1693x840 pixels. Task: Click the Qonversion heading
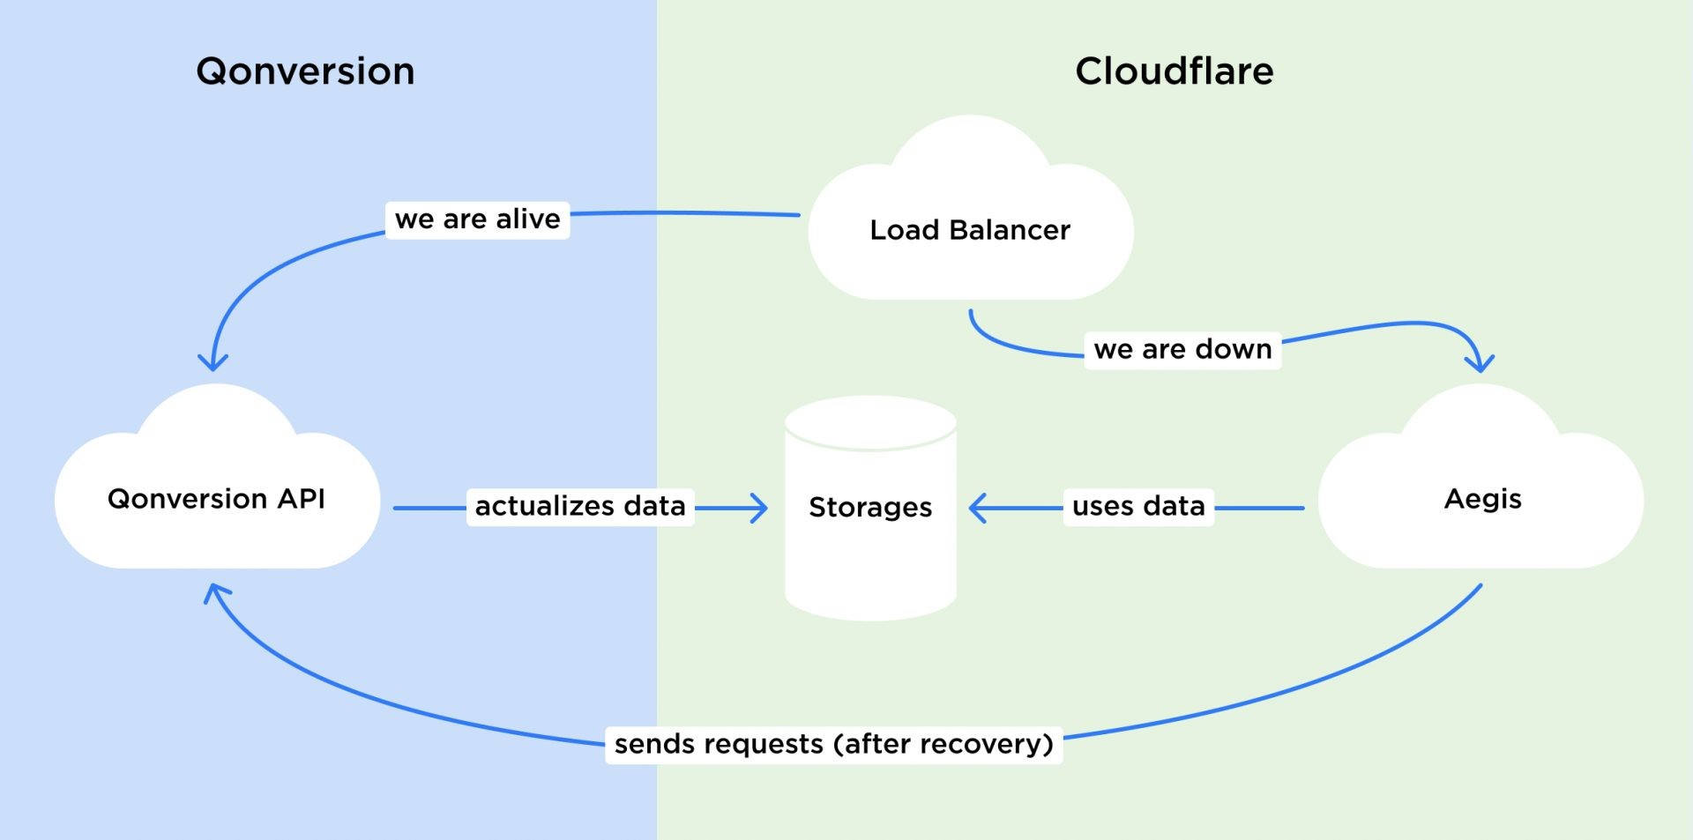[x=305, y=71]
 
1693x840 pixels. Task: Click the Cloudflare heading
[x=1174, y=71]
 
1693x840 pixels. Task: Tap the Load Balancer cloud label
[x=969, y=230]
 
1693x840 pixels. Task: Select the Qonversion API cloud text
[x=216, y=499]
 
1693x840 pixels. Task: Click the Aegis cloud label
[x=1482, y=499]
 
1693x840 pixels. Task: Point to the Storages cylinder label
[x=870, y=507]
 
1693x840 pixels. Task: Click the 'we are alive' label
[x=477, y=219]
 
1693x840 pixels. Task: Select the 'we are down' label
[x=1182, y=350]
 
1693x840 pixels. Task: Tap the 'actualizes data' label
[x=580, y=507]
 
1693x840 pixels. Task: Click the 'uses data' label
[x=1138, y=507]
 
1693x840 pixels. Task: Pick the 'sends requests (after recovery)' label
[x=833, y=745]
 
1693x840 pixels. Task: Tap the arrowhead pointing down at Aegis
[x=1479, y=363]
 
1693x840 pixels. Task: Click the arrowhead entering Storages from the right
[x=977, y=509]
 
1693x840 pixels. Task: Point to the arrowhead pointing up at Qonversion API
[x=215, y=593]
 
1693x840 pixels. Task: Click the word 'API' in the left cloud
[x=301, y=499]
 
